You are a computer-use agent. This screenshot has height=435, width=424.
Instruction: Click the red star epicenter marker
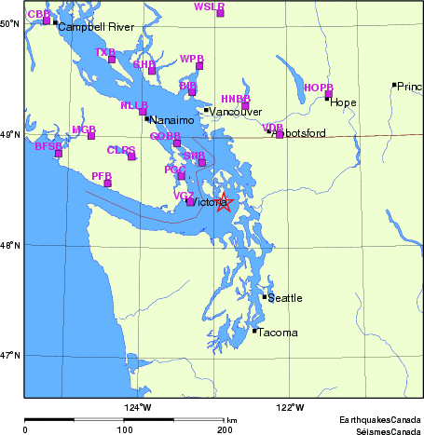coord(224,203)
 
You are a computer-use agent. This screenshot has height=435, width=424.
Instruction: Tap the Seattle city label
coord(285,298)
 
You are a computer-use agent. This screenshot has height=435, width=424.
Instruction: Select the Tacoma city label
coord(277,333)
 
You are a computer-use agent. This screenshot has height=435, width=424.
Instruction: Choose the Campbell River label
coord(97,27)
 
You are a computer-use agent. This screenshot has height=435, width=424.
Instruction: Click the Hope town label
coord(343,103)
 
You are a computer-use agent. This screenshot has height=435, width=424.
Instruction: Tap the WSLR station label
coord(209,7)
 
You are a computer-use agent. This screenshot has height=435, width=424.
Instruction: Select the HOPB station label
coord(318,88)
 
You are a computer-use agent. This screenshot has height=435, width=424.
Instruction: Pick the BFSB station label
coord(48,146)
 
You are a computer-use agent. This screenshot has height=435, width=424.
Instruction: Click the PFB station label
coord(102,176)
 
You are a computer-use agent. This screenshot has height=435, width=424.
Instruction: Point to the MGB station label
coord(84,129)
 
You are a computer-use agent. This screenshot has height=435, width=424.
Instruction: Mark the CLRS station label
coord(120,149)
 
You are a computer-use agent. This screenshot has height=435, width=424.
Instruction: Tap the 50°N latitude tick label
coord(9,22)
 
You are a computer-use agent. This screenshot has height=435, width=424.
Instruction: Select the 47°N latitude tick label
coord(9,355)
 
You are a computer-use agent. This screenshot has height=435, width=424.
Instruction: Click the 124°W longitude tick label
coord(137,406)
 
